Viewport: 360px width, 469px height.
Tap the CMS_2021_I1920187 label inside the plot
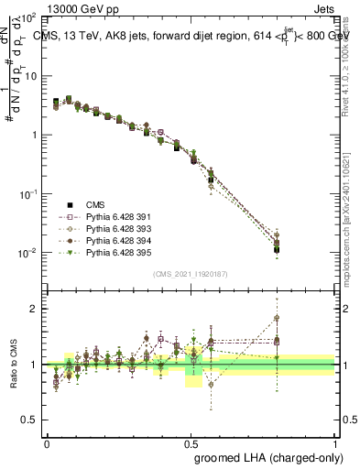(x=191, y=274)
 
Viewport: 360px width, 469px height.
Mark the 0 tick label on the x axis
(x=47, y=442)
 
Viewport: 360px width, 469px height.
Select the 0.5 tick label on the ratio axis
(x=28, y=420)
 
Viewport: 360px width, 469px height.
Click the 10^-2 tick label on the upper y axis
(x=27, y=253)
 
